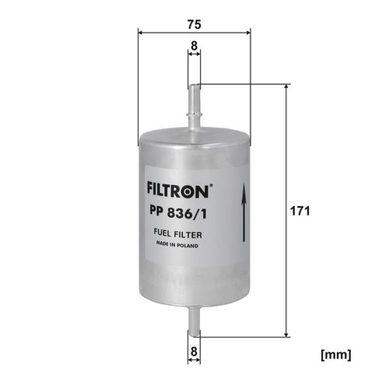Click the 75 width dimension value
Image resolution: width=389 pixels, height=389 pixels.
pyautogui.click(x=194, y=24)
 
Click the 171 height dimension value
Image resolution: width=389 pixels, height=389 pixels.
pyautogui.click(x=300, y=211)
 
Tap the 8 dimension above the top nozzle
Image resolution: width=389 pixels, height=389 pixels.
pyautogui.click(x=194, y=46)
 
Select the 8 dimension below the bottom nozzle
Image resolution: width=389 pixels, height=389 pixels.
pyautogui.click(x=194, y=352)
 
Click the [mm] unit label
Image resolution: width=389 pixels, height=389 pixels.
pyautogui.click(x=336, y=355)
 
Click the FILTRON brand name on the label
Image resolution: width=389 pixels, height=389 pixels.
pyautogui.click(x=178, y=191)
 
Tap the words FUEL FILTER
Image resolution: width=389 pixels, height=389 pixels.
pyautogui.click(x=177, y=234)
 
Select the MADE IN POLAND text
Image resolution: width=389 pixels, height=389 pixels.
pyautogui.click(x=177, y=245)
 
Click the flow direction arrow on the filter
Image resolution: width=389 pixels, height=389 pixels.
pyautogui.click(x=244, y=212)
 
